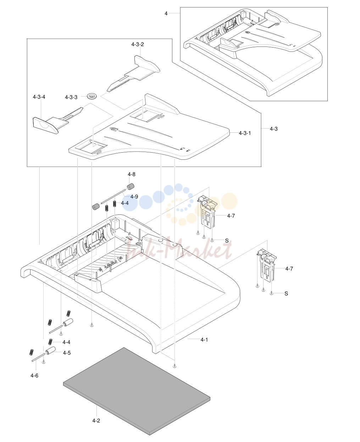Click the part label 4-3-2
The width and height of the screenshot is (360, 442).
pyautogui.click(x=138, y=44)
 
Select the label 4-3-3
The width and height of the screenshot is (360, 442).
pyautogui.click(x=71, y=97)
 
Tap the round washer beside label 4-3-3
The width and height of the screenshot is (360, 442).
pyautogui.click(x=92, y=96)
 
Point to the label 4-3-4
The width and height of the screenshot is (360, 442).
pyautogui.click(x=39, y=97)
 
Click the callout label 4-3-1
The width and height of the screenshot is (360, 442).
pyautogui.click(x=245, y=133)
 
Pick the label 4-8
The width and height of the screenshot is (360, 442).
pyautogui.click(x=132, y=174)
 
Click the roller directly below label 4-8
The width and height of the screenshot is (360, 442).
pyautogui.click(x=131, y=186)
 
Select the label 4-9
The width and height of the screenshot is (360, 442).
pyautogui.click(x=134, y=197)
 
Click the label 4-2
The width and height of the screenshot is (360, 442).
pyautogui.click(x=96, y=420)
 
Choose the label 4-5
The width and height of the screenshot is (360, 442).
pyautogui.click(x=67, y=353)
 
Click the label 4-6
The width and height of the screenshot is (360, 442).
pyautogui.click(x=34, y=375)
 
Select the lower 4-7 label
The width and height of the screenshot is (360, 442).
pyautogui.click(x=289, y=268)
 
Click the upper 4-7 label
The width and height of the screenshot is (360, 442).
pyautogui.click(x=231, y=215)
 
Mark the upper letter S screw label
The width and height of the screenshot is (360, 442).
pyautogui.click(x=227, y=241)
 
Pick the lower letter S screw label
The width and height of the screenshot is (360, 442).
pyautogui.click(x=286, y=293)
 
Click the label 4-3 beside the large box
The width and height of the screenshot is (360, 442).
pyautogui.click(x=274, y=129)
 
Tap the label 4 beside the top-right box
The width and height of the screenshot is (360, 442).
pyautogui.click(x=166, y=13)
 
